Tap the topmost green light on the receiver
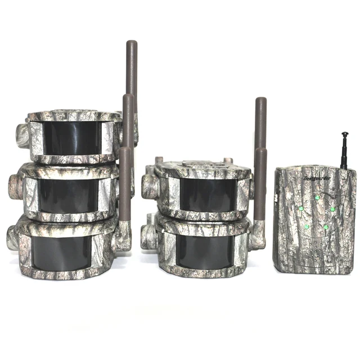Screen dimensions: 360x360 (318, 197)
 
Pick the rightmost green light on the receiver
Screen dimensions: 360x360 (332, 209)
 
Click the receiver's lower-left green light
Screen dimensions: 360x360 (307, 227)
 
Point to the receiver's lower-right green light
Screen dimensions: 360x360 (326, 227)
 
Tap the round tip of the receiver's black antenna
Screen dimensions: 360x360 (344, 135)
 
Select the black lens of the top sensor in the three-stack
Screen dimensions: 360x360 (73, 138)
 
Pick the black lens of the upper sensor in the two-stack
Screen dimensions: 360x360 (207, 195)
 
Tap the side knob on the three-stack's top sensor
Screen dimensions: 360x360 (22, 136)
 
